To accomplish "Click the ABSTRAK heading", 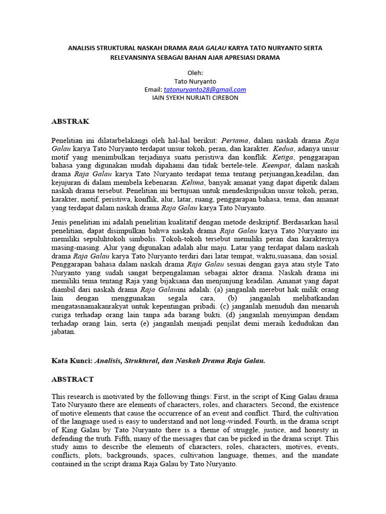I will click(70, 121).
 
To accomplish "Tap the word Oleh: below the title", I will click(195, 73).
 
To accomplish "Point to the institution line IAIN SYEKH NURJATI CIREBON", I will click(195, 97).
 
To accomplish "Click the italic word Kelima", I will click(193, 182).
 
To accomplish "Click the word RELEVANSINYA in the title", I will click(134, 57).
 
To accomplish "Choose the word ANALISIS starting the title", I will click(84, 48).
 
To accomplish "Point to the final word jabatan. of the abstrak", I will click(63, 331).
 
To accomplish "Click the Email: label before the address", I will click(153, 89).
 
